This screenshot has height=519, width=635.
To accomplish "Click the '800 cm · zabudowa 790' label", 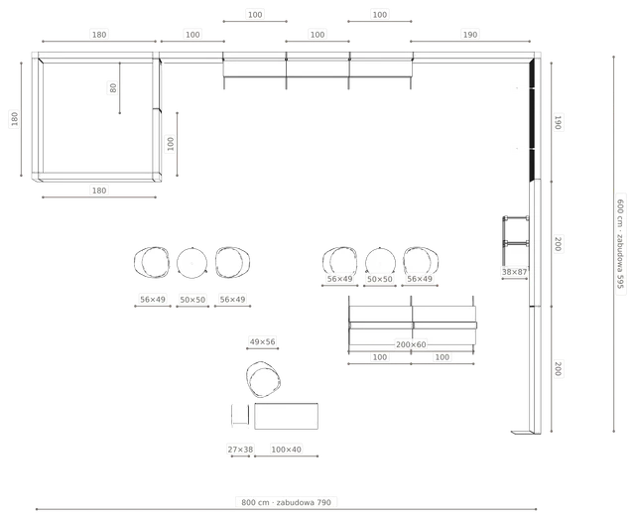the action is (x=286, y=502).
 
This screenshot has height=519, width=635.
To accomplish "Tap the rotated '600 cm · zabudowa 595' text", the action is (x=620, y=243).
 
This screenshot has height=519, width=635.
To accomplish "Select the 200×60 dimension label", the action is (x=411, y=344).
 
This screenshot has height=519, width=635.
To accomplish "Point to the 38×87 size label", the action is (x=514, y=272).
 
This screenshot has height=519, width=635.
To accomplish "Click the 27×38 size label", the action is (x=240, y=450).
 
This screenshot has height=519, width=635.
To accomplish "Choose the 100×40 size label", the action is (x=286, y=450).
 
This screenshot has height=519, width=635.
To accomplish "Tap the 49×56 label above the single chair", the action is (x=262, y=341).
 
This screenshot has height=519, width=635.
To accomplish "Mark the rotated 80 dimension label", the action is (x=113, y=87).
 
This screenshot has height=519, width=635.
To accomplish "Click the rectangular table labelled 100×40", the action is (x=286, y=416).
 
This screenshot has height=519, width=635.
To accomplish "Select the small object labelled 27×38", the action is (x=240, y=415).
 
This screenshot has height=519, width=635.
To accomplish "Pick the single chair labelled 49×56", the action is (x=263, y=380).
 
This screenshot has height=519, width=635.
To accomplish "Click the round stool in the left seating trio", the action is (x=191, y=263).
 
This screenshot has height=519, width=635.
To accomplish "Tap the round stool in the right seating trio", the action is (x=380, y=263).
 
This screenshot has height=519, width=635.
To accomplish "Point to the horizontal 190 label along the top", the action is (x=469, y=35).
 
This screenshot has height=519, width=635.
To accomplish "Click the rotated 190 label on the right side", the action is (x=558, y=122).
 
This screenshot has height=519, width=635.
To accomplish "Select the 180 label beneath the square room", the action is (x=99, y=191).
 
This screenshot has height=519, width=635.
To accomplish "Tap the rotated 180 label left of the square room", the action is (x=15, y=119).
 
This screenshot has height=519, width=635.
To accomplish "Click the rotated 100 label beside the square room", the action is (x=171, y=144).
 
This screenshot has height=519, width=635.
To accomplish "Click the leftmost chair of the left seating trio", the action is (x=152, y=263).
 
